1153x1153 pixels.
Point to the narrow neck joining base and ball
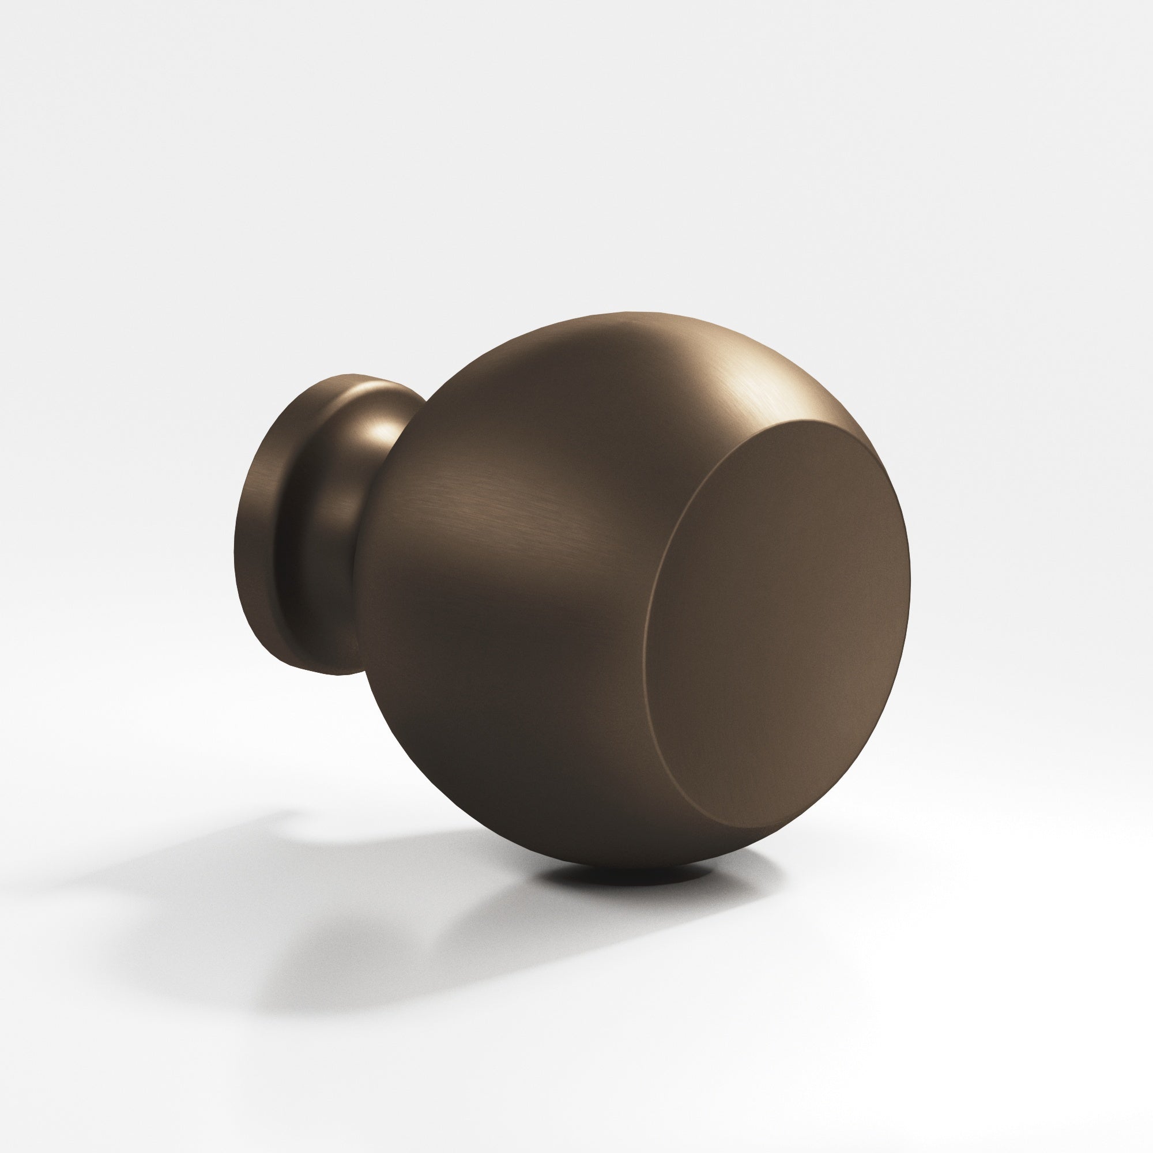tap(352, 507)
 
